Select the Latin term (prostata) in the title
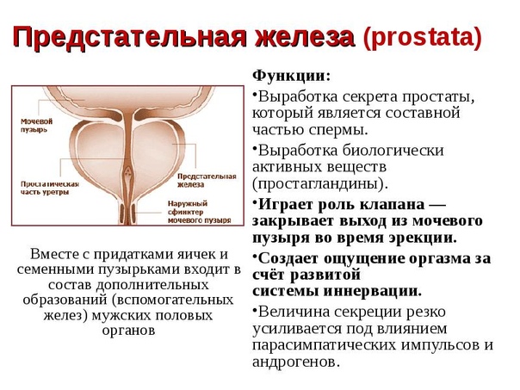pos(422,37)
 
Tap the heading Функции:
pos(292,77)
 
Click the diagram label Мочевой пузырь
pos(37,126)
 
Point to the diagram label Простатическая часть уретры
pos(50,188)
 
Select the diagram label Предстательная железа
pos(207,181)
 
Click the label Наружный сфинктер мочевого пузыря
pos(200,212)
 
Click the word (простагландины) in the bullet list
pos(319,183)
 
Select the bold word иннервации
pos(373,291)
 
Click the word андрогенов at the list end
pos(296,362)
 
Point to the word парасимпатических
pos(324,345)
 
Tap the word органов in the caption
pos(128,331)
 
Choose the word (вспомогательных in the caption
pos(172,300)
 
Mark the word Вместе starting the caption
pos(53,254)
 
